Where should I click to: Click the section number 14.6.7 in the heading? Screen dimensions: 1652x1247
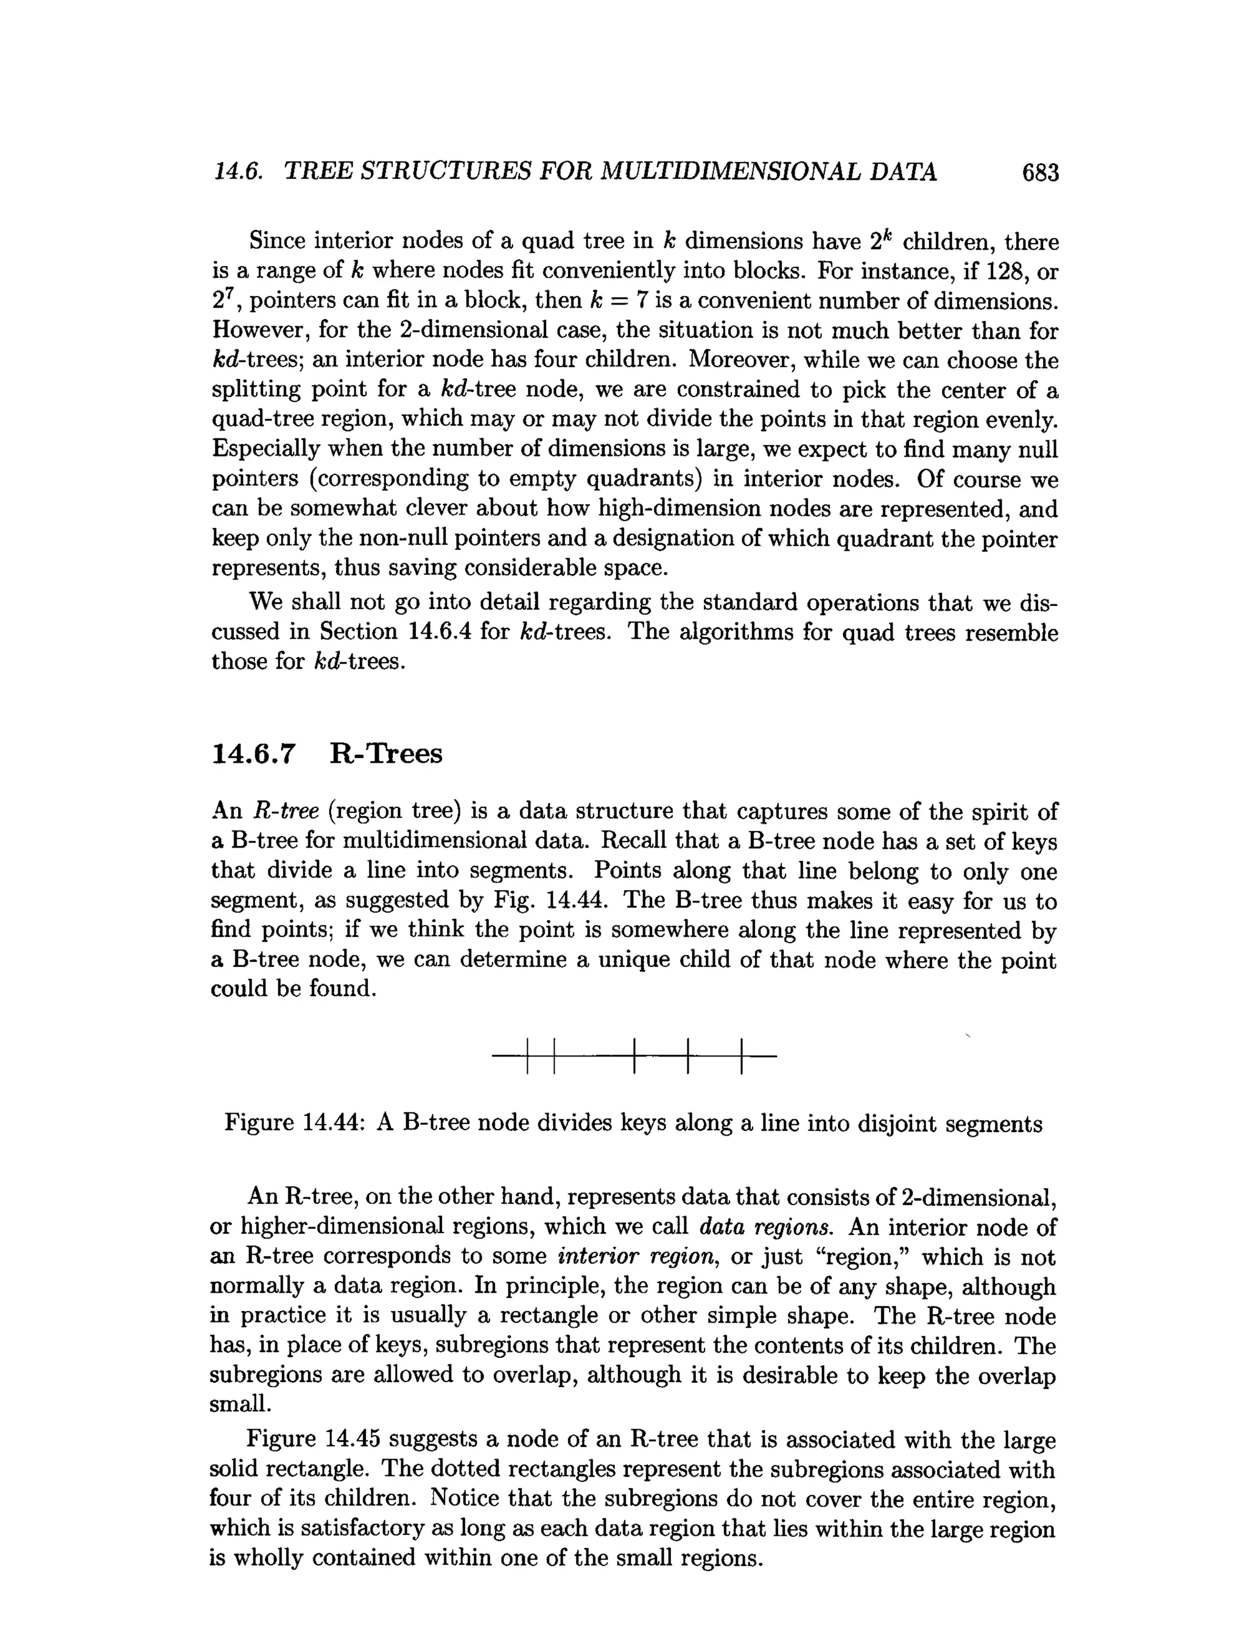(254, 754)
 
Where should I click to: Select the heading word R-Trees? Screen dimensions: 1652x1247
(385, 754)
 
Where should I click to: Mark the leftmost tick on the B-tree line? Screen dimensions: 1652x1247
(527, 1056)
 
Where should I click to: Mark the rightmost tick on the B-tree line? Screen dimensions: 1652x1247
(742, 1056)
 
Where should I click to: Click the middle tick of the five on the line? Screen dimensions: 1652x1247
(633, 1056)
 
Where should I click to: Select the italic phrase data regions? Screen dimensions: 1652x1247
(765, 1227)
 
